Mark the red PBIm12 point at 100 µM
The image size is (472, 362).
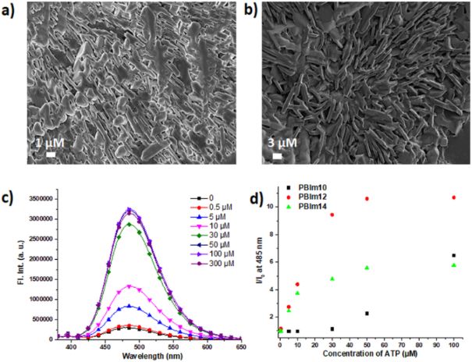(454, 197)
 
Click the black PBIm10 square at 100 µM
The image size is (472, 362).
(454, 256)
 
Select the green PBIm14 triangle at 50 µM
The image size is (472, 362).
(367, 268)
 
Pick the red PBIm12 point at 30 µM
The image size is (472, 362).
(332, 215)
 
